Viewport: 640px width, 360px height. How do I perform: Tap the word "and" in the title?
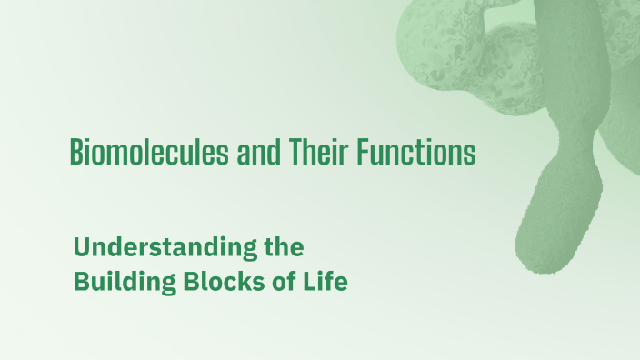[x=253, y=152]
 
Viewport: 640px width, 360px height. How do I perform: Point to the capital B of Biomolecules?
[x=76, y=152]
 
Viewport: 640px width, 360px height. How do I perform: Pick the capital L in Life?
[x=308, y=282]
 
